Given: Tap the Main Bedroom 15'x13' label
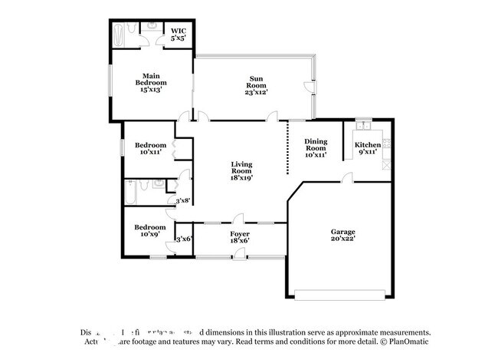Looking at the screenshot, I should click(151, 82).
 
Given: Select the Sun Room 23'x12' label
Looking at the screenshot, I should click(256, 84).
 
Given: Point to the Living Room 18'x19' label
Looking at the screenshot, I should click(242, 170).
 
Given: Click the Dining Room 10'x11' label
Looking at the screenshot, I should click(316, 147).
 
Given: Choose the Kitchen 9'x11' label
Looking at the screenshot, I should click(367, 147).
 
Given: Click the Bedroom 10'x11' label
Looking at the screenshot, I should click(150, 148).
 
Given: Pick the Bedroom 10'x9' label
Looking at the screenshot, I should click(150, 231).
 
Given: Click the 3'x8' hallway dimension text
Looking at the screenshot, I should click(183, 201).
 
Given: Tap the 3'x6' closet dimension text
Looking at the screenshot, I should click(184, 239).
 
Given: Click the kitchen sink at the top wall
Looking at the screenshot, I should click(363, 125).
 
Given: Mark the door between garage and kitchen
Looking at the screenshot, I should click(348, 180).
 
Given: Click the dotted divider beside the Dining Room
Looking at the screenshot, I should click(287, 147).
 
